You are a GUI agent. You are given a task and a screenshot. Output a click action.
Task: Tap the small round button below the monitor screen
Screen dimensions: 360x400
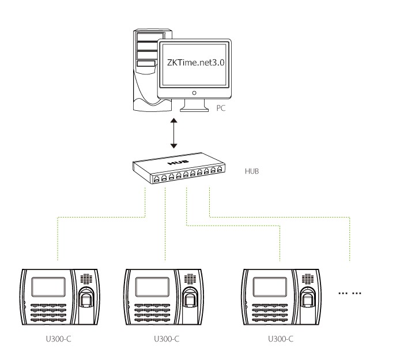pos(194,92)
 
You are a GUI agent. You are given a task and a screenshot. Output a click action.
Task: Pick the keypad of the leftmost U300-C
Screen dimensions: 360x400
pos(48,312)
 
